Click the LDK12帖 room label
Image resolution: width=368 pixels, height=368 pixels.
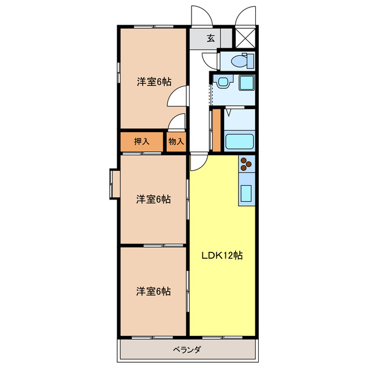[221, 255]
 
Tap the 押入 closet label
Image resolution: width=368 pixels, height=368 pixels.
[141, 141]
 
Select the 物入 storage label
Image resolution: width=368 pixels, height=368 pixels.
[176, 141]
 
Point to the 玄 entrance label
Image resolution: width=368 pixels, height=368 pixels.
[211, 39]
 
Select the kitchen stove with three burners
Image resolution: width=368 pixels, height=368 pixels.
[247, 164]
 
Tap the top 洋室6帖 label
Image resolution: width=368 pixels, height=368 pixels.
[154, 82]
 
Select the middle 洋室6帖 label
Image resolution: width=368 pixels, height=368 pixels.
[153, 200]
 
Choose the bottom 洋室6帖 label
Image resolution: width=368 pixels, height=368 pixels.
[153, 291]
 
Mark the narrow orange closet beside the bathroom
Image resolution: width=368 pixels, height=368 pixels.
[216, 129]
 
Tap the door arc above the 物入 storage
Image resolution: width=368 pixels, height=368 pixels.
[178, 122]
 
